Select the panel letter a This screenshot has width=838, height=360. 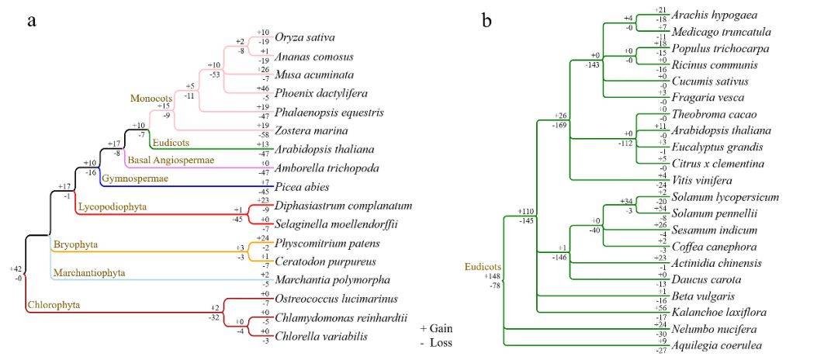(x=32, y=21)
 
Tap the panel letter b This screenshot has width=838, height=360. (x=487, y=21)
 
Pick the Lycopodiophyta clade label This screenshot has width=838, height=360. (x=112, y=206)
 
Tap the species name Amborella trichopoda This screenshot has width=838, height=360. (x=325, y=168)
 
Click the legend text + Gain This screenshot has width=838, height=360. (x=435, y=328)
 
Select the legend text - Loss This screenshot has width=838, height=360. (x=435, y=342)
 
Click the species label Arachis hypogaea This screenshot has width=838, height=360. (x=715, y=15)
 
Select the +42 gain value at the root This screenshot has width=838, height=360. (x=16, y=268)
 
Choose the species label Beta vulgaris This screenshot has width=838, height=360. (x=705, y=296)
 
